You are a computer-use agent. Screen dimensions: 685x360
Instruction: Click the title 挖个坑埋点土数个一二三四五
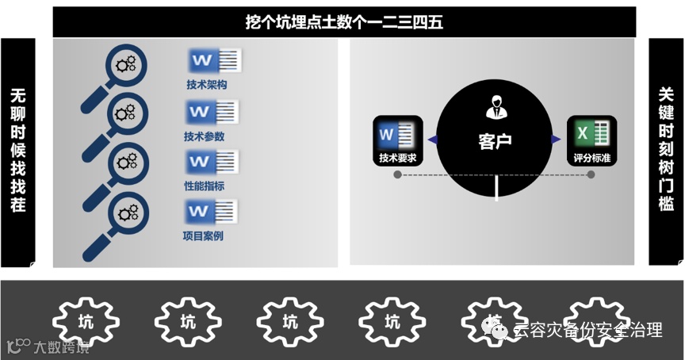pyautogui.click(x=344, y=22)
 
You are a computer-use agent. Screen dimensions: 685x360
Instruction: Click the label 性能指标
pyautogui.click(x=204, y=186)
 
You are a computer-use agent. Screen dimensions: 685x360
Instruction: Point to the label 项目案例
pyautogui.click(x=203, y=236)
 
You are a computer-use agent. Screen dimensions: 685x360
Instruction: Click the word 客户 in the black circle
pyautogui.click(x=495, y=142)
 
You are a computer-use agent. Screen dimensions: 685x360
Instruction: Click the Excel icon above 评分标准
pyautogui.click(x=591, y=133)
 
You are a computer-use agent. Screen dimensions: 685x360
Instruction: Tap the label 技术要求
pyautogui.click(x=398, y=158)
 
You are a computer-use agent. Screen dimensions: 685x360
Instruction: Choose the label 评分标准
pyautogui.click(x=591, y=158)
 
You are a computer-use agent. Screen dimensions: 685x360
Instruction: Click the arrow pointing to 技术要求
pyautogui.click(x=431, y=140)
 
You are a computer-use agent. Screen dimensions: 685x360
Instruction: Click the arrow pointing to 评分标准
pyautogui.click(x=557, y=140)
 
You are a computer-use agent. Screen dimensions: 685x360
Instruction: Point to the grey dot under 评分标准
pyautogui.click(x=591, y=174)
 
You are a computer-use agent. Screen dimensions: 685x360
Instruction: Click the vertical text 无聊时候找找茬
pyautogui.click(x=18, y=151)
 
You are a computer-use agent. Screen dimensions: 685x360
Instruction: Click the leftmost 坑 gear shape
pyautogui.click(x=86, y=322)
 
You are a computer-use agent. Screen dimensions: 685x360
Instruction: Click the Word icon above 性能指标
pyautogui.click(x=213, y=162)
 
